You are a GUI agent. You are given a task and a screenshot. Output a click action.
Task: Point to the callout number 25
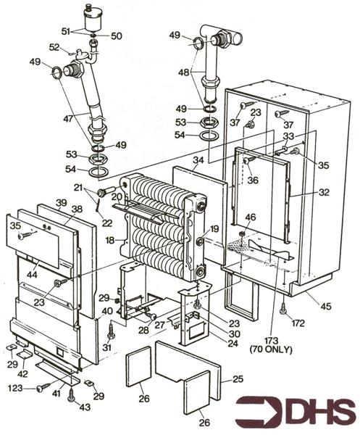238,379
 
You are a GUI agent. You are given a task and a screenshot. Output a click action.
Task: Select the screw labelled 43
71,397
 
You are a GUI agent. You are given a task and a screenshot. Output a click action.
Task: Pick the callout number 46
250,217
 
